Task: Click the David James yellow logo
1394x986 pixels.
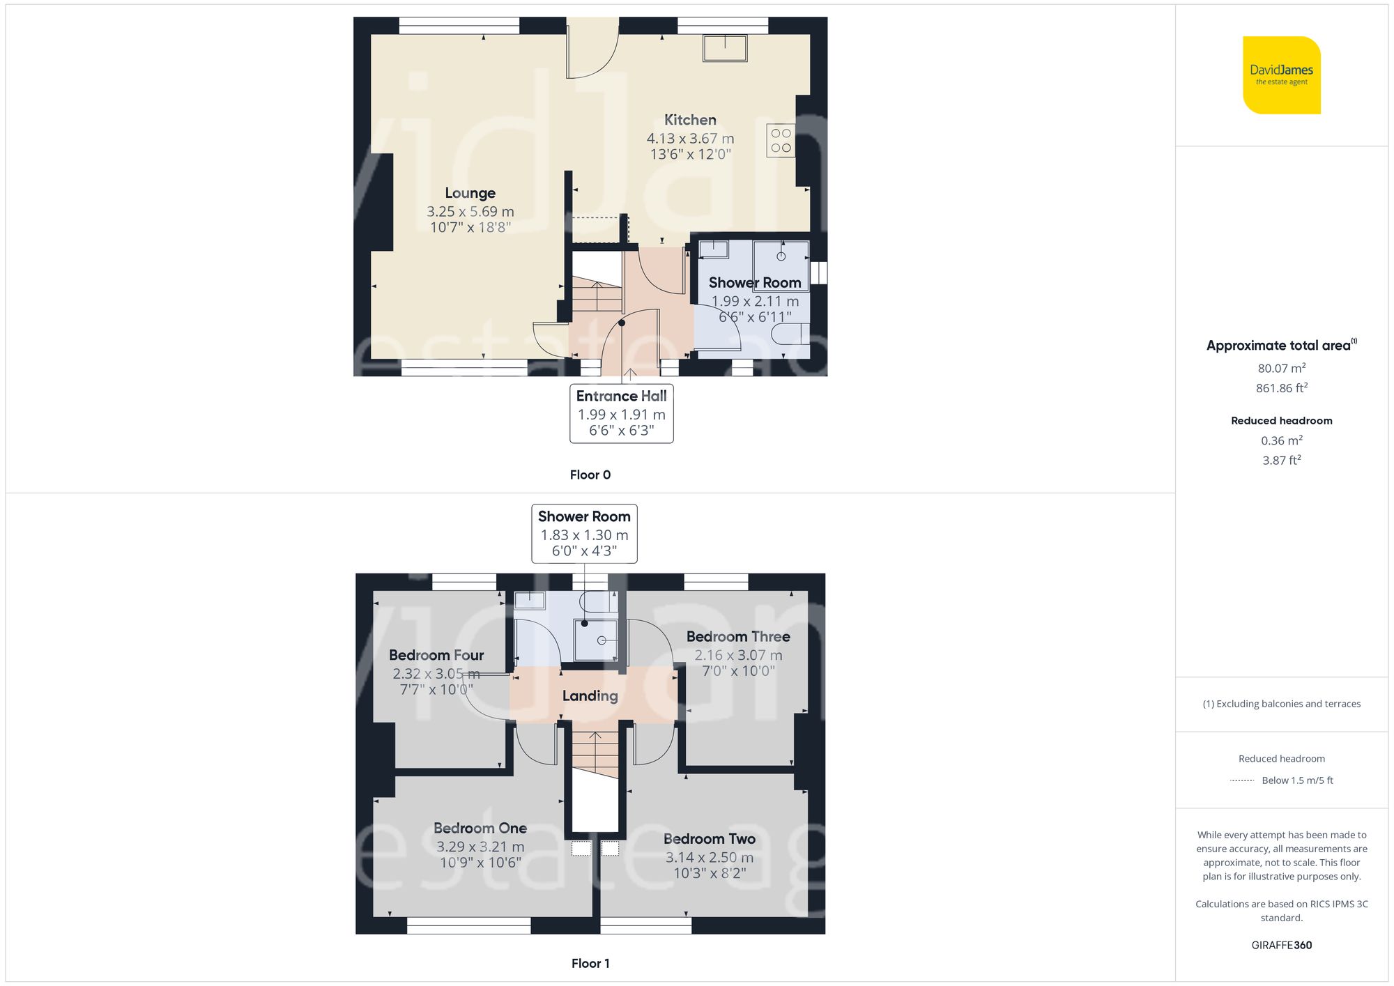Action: coord(1281,75)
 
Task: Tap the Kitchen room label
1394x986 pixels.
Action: coord(690,120)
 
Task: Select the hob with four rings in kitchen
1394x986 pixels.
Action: coord(781,140)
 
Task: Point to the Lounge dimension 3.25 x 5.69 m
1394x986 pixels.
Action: coord(470,211)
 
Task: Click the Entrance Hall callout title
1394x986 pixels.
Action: coord(621,396)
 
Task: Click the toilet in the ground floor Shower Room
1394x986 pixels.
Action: coord(790,334)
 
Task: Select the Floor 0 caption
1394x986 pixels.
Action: coord(590,475)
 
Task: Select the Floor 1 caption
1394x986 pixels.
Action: coord(590,963)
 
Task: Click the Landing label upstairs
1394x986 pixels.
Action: coord(590,695)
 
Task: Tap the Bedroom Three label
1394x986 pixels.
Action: coord(738,636)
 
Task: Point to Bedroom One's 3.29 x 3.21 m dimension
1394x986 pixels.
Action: coord(480,847)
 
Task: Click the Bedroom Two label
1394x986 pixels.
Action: coord(709,838)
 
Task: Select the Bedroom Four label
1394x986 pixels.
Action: coord(436,655)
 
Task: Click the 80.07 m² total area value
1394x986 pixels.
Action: coord(1281,368)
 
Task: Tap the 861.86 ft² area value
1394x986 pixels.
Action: coord(1281,388)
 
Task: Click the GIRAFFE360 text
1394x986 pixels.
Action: coord(1281,945)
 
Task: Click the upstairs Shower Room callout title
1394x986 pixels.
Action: coord(584,516)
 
